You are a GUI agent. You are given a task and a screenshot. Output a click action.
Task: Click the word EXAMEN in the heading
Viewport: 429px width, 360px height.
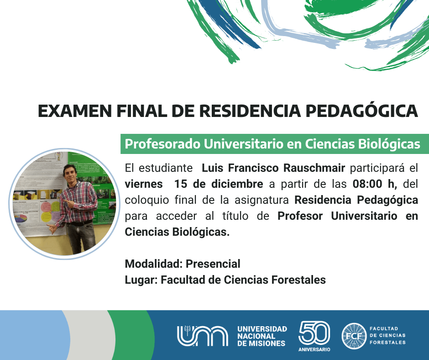coord(75,111)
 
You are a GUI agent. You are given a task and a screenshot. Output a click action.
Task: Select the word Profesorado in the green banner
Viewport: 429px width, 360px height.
coord(162,144)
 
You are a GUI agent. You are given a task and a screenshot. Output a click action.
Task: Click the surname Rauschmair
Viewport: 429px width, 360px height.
coord(314,168)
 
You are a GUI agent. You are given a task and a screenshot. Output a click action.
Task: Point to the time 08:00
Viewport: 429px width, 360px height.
coord(367,184)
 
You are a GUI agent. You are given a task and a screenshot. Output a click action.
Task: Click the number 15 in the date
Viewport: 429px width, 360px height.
coord(181,184)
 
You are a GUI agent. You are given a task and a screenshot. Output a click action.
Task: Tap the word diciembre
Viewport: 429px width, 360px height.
coord(237,184)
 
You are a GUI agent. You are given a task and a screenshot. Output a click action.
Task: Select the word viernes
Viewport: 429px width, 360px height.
coord(144,184)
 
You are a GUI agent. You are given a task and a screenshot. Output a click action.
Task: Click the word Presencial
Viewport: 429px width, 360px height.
coord(213,264)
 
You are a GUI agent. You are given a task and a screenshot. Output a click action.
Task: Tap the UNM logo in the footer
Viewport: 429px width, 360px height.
coord(203,336)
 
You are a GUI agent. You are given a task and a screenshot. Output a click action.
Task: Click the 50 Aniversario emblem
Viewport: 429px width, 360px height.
coord(314,336)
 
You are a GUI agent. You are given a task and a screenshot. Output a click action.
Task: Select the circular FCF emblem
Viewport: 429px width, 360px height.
coord(354,336)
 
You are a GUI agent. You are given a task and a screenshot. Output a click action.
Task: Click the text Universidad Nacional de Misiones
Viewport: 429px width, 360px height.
coord(262,336)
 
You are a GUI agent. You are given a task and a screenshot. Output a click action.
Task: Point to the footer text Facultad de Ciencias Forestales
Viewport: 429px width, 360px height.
coord(387,335)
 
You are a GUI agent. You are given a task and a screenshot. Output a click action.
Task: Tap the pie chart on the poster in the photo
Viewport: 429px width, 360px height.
coord(21,218)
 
